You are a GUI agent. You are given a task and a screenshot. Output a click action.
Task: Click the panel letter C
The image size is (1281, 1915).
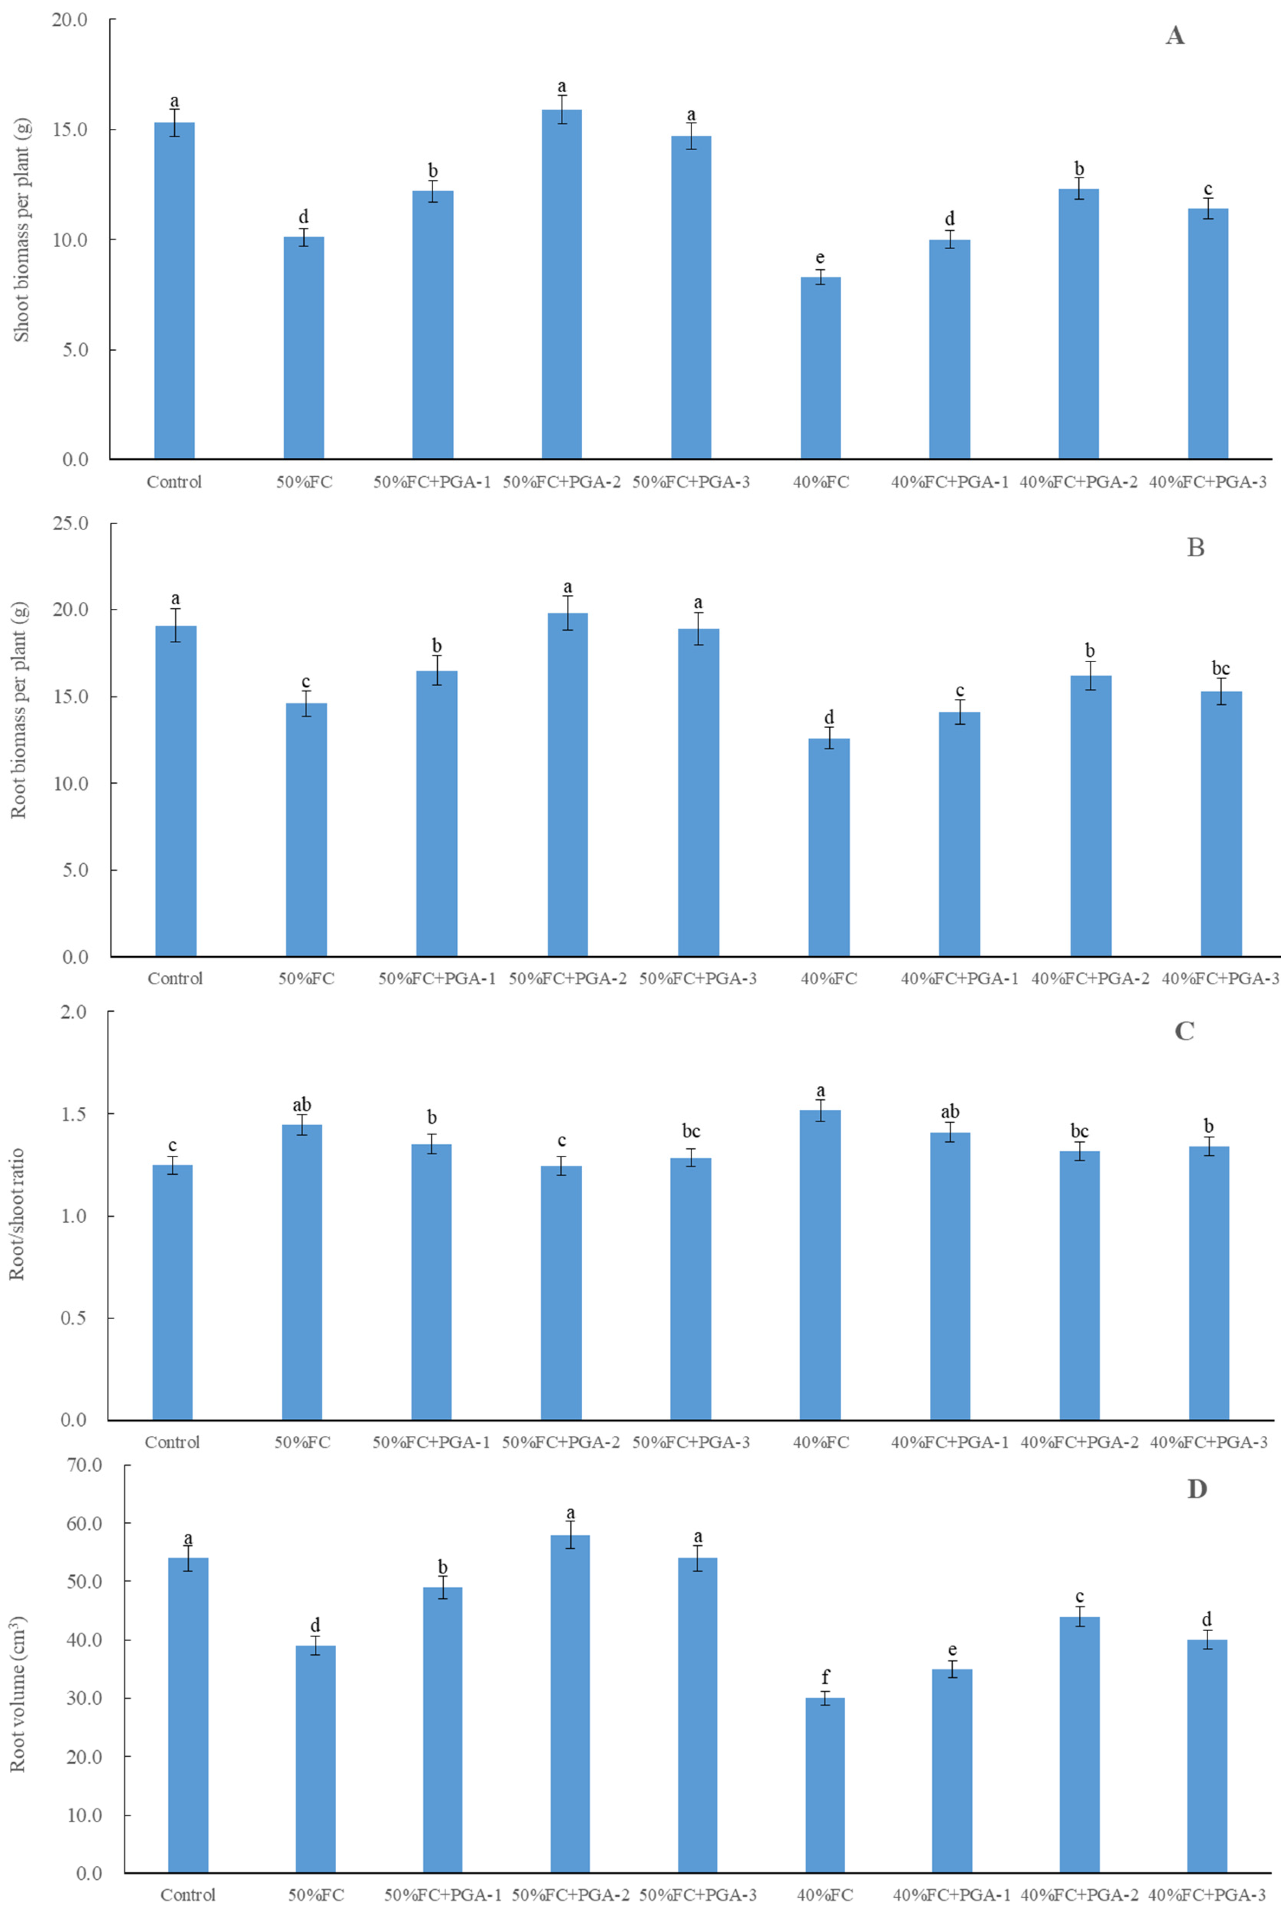pos(1184,1031)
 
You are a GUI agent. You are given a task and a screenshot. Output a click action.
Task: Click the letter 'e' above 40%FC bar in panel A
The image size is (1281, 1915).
pos(820,258)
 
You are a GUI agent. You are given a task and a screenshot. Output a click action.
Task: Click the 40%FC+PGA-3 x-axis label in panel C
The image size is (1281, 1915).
pos(1208,1442)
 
